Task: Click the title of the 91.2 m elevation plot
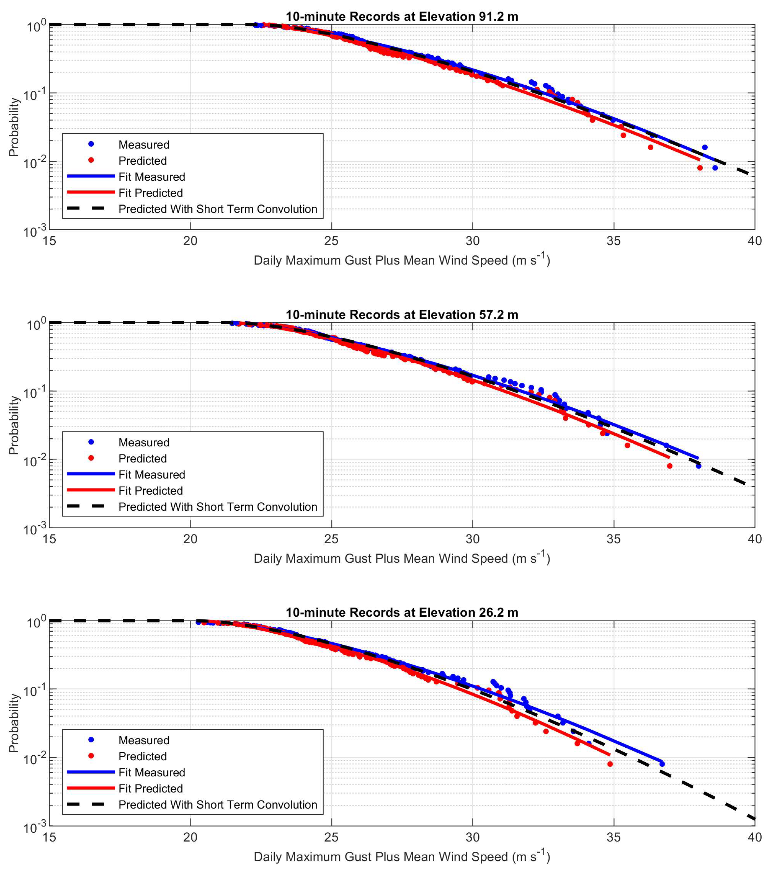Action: tap(402, 17)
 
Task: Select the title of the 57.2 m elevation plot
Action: tap(402, 315)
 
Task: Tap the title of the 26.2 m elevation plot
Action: tap(402, 613)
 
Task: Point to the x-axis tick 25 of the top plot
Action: tap(331, 241)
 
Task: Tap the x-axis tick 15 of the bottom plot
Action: tap(49, 837)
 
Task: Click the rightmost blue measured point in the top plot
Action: tap(715, 168)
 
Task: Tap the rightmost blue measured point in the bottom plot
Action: tap(662, 764)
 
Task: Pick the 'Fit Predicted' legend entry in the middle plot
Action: tap(150, 491)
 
